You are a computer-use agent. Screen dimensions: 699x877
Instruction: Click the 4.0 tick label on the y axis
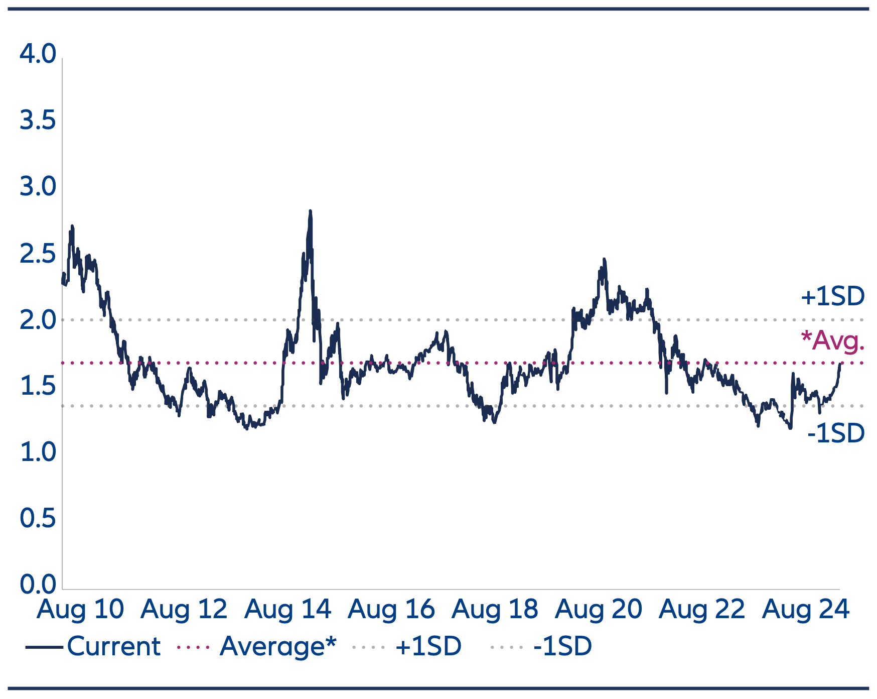click(x=38, y=54)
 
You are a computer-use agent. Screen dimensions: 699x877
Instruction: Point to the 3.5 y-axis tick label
click(x=38, y=121)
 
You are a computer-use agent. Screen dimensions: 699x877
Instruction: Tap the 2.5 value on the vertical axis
click(x=38, y=254)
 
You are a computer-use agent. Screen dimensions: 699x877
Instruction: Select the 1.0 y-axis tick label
click(x=38, y=452)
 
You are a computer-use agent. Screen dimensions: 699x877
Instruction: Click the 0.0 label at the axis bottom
click(x=38, y=585)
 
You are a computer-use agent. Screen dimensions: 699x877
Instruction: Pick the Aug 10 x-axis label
click(x=80, y=609)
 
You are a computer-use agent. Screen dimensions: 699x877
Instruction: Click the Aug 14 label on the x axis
click(x=287, y=609)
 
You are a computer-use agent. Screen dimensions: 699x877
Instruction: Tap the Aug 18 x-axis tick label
click(x=495, y=609)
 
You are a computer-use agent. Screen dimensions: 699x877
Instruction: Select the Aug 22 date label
click(x=702, y=609)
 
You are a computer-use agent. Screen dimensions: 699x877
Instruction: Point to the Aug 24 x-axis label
click(x=806, y=609)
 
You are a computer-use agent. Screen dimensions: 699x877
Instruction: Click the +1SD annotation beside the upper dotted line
click(x=832, y=296)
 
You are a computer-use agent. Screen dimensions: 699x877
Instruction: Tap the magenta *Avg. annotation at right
click(x=832, y=340)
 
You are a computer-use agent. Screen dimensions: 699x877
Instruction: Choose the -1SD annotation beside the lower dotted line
click(x=836, y=433)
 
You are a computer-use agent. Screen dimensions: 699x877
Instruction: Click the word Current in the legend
click(x=114, y=646)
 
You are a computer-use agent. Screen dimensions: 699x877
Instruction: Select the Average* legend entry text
click(x=277, y=646)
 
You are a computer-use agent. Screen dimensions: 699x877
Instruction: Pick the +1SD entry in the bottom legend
click(x=428, y=646)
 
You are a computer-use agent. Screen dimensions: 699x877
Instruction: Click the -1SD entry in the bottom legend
click(x=562, y=646)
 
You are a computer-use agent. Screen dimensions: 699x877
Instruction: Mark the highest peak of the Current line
click(x=310, y=211)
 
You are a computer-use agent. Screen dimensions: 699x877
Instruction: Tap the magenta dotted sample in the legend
click(x=194, y=647)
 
